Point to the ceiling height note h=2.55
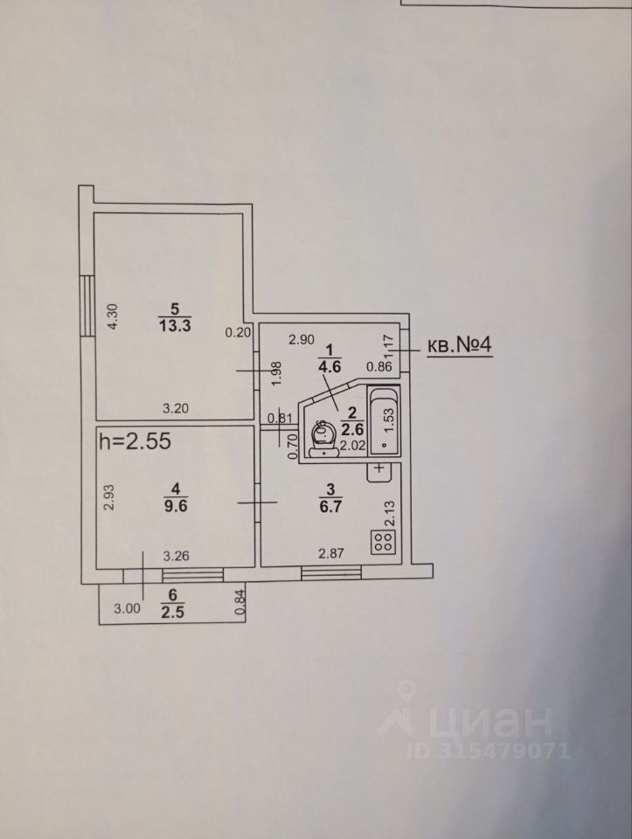pyautogui.click(x=134, y=441)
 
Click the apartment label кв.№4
pyautogui.click(x=460, y=346)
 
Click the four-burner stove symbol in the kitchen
pyautogui.click(x=383, y=541)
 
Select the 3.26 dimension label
pyautogui.click(x=177, y=553)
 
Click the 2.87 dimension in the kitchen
pyautogui.click(x=330, y=553)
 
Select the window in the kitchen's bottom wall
pyautogui.click(x=331, y=572)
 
